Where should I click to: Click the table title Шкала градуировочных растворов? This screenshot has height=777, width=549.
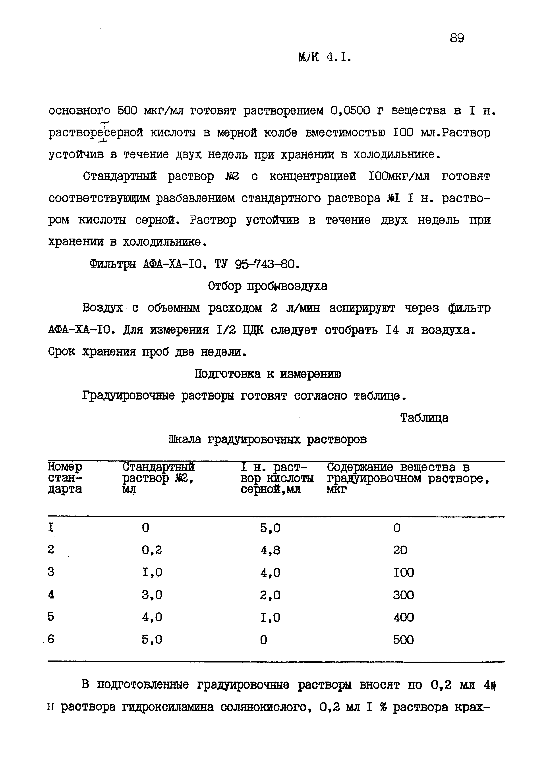pos(267,440)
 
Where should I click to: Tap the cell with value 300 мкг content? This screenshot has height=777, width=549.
pos(403,595)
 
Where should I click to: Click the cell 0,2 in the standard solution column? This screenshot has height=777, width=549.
pos(152,550)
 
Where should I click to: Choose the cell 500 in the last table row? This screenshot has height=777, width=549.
pos(403,640)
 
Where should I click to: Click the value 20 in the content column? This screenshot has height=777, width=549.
pos(400,550)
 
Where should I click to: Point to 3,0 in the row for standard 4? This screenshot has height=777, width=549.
pos(152,595)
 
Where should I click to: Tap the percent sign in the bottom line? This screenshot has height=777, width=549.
pos(383,707)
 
